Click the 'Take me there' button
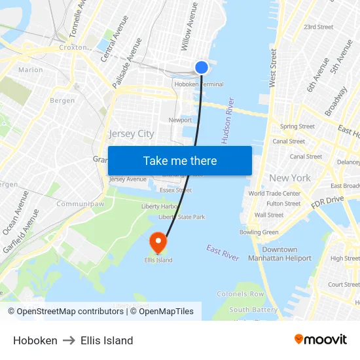coord(180,161)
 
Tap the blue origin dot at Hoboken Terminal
coord(202,67)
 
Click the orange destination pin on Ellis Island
coord(158,243)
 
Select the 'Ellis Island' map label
coord(158,260)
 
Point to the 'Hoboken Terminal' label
coord(199,84)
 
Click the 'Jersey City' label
coord(132,134)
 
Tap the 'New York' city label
coord(290,178)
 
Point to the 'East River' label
coord(223,253)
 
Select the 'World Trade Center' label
coord(274,193)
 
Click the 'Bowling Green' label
coord(259,232)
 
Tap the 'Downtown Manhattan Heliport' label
coord(279,254)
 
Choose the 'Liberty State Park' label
coord(182,217)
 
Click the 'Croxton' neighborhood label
coord(73,48)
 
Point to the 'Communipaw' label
coord(81,204)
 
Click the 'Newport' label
coord(180,120)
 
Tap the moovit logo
coord(320,340)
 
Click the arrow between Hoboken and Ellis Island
coord(69,340)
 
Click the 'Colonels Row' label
coord(240,295)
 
